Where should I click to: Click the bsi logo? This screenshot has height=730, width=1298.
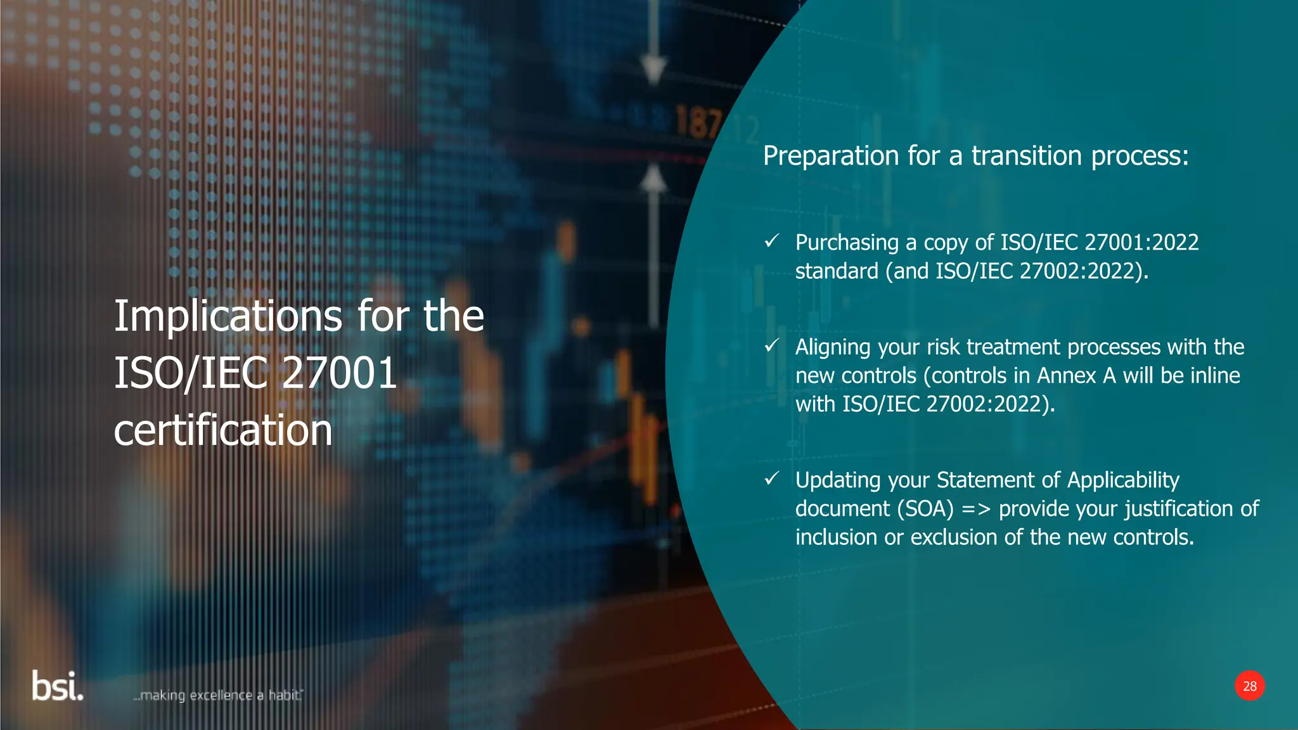(x=57, y=687)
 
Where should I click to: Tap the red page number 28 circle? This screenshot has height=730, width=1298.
(x=1249, y=686)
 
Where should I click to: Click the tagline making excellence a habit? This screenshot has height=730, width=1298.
(x=219, y=695)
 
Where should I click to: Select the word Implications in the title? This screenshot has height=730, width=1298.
(x=228, y=316)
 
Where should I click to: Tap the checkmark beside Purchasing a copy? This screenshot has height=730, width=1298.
(x=771, y=241)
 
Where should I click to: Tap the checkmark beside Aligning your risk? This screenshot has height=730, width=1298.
(x=771, y=345)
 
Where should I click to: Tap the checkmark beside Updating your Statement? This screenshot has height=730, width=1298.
(x=771, y=478)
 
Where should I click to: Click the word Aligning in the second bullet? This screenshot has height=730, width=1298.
(x=833, y=348)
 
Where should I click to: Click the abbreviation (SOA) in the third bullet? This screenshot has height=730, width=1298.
(x=925, y=509)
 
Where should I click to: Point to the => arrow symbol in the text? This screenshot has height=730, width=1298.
(x=976, y=509)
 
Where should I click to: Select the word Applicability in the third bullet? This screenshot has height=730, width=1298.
(x=1123, y=480)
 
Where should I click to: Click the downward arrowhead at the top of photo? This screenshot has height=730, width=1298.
(x=653, y=68)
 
